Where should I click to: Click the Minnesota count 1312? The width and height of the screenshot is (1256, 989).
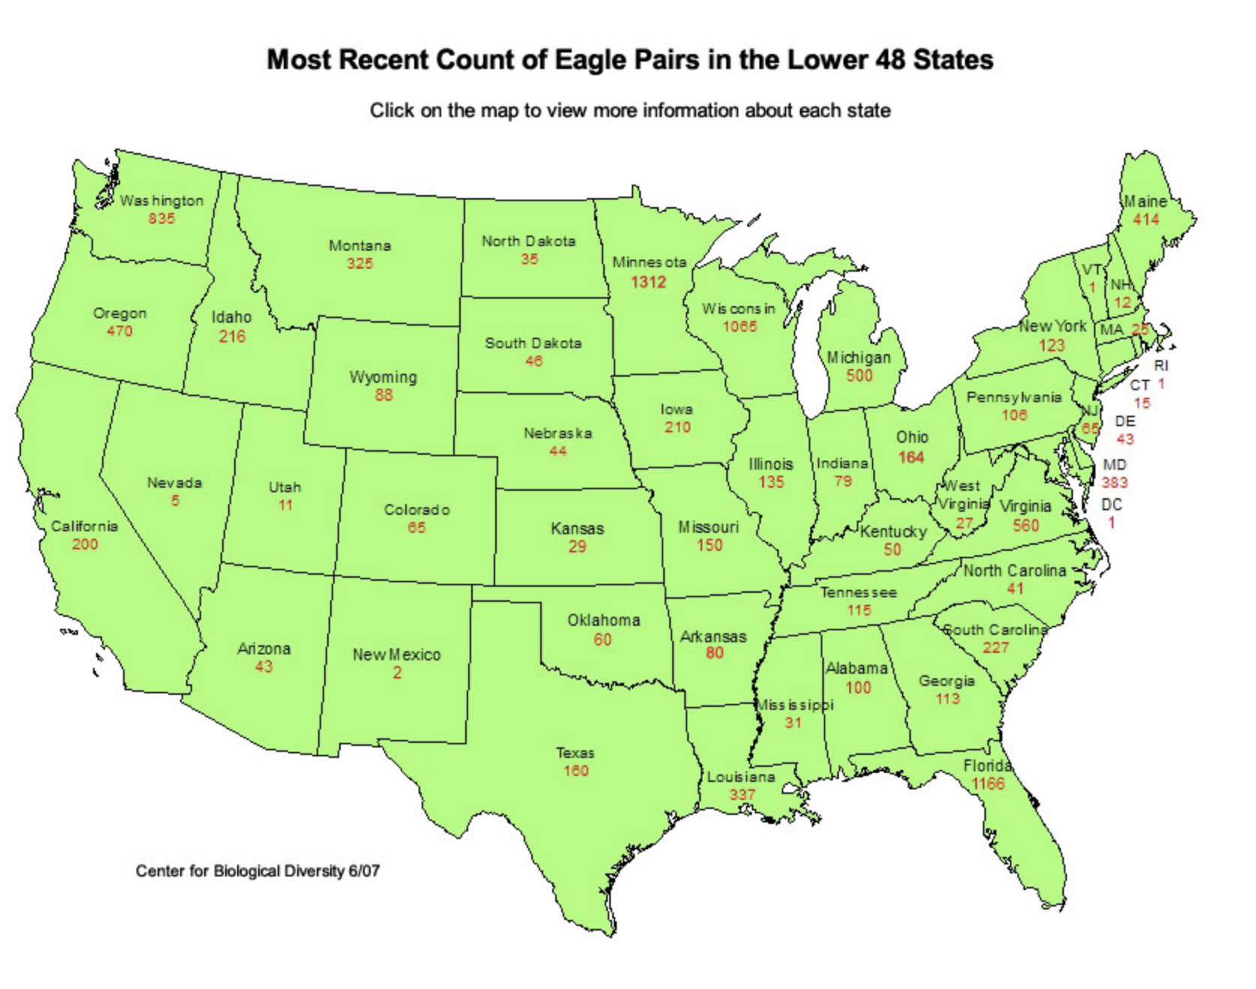pos(648,282)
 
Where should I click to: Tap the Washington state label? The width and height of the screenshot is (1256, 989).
pos(161,200)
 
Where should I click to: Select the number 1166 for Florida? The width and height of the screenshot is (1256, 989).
pos(987,784)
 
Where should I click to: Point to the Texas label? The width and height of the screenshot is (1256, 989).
pos(575,753)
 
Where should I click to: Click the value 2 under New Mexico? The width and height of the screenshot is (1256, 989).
pos(397,673)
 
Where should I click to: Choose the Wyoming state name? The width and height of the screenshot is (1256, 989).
pos(383,377)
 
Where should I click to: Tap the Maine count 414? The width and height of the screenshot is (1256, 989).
pos(1146,219)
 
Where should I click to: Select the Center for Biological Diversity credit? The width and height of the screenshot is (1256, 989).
pos(257,871)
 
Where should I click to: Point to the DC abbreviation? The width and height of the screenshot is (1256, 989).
pos(1111,504)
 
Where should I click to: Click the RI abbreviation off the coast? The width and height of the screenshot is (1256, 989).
pos(1161,365)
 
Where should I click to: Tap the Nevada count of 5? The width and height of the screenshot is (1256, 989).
pos(175,501)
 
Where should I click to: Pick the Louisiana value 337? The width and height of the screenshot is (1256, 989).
pos(742,794)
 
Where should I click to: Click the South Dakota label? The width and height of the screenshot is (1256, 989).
pos(533,343)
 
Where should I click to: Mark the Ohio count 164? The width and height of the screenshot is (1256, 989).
pos(911,457)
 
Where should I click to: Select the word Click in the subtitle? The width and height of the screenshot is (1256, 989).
pos(392,110)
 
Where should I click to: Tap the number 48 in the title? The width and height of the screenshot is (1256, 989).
pos(891,59)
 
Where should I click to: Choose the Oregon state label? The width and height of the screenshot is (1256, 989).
pos(119,313)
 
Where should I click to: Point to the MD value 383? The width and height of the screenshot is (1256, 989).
pos(1114,482)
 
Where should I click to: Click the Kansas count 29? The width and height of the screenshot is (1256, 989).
pos(576,546)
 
